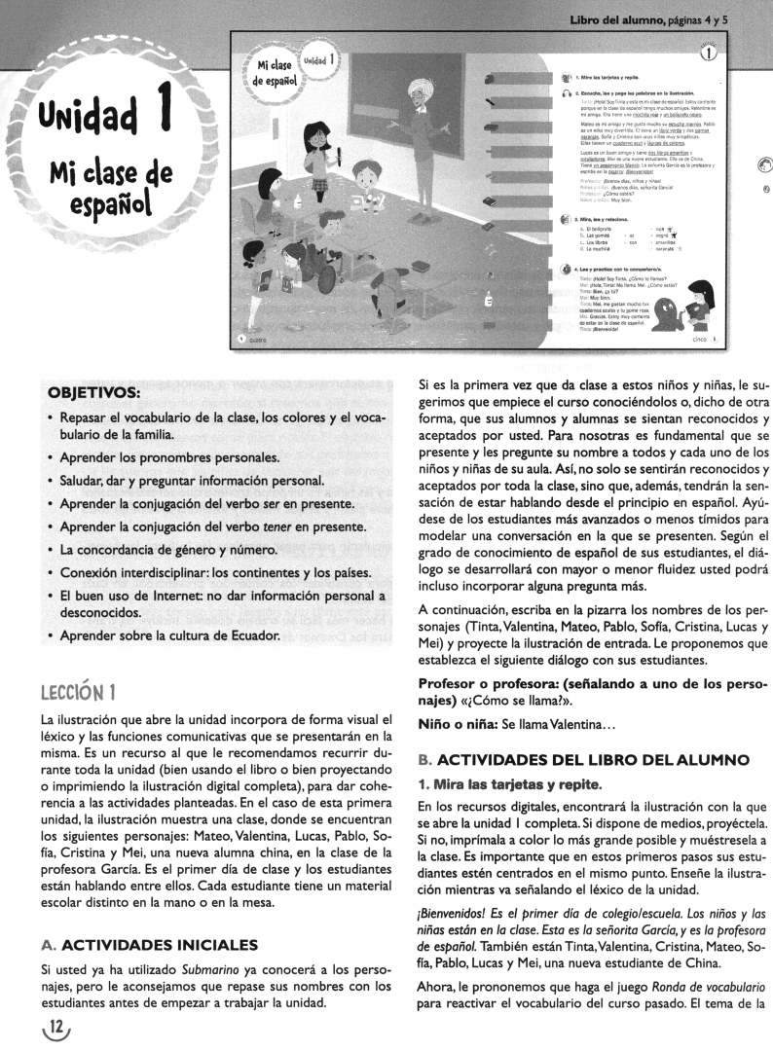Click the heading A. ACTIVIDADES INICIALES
point(151,944)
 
